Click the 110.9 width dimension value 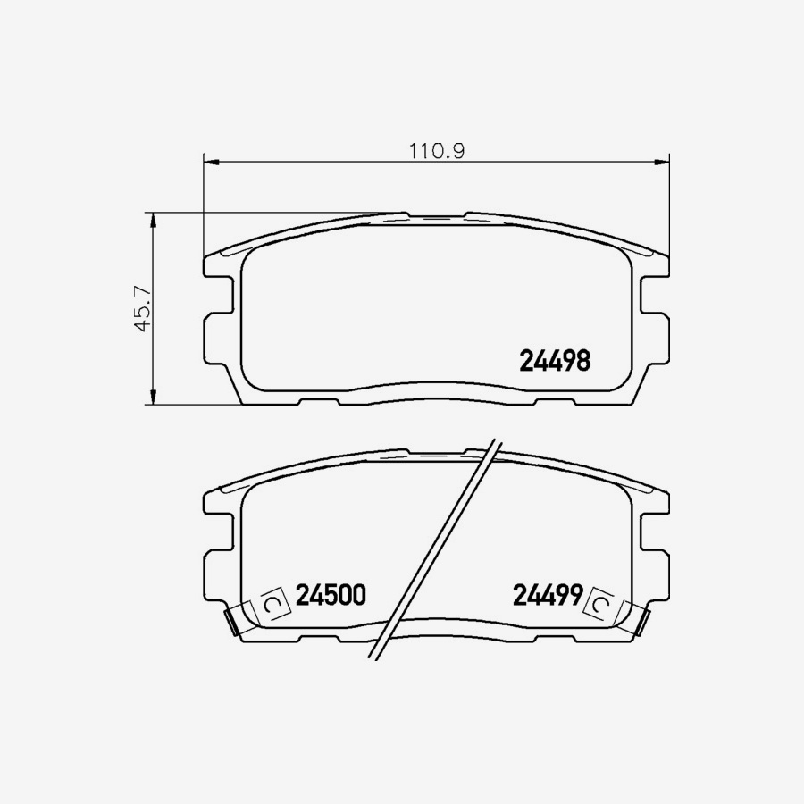[x=438, y=151]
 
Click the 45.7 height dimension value [x=141, y=309]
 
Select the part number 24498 [x=554, y=361]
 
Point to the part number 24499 [x=548, y=595]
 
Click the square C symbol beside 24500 [x=274, y=607]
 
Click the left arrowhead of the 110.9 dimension [x=212, y=162]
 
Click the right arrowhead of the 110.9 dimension [x=662, y=162]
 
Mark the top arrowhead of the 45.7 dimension [x=153, y=219]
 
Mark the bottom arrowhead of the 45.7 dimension [x=153, y=398]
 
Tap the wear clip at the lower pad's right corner [x=641, y=620]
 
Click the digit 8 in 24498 [x=582, y=361]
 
